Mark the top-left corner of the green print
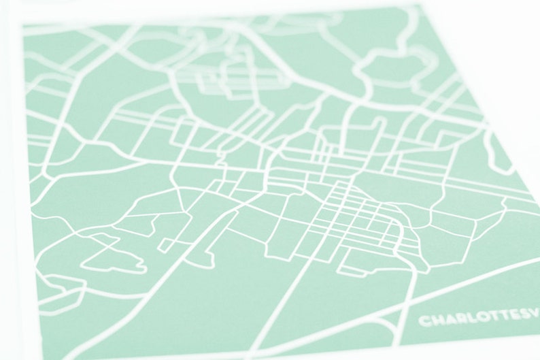[24, 26]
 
